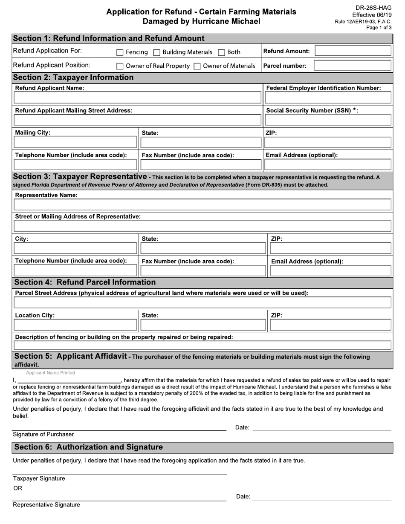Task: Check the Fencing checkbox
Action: [120, 52]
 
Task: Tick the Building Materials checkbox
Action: [156, 52]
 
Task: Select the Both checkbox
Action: [221, 52]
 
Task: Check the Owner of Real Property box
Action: [120, 66]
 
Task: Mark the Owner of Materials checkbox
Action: [197, 66]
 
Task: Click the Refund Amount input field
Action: [353, 51]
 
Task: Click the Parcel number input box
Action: [352, 66]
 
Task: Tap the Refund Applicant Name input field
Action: [137, 98]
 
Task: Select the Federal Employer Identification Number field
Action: [328, 98]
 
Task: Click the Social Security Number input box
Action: [328, 120]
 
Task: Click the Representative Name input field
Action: [202, 205]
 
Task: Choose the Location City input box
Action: [75, 325]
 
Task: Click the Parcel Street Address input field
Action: [202, 302]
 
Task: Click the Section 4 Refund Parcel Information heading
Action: [85, 282]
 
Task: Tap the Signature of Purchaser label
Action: [43, 435]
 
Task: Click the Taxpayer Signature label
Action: [39, 478]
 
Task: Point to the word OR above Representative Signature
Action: [17, 488]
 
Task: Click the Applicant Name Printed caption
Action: [50, 373]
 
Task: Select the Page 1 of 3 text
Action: [379, 28]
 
